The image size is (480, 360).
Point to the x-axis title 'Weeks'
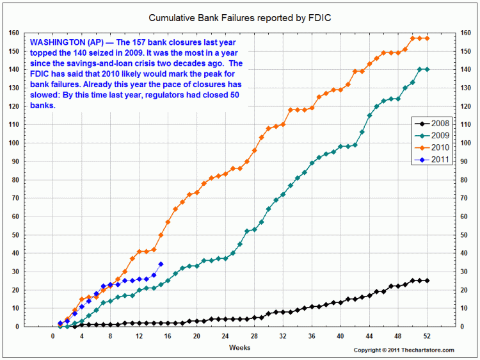[x=240, y=347]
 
